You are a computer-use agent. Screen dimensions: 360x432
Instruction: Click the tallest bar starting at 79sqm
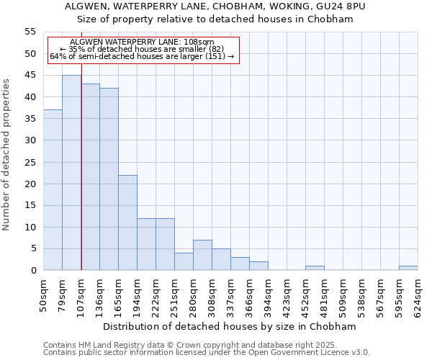click(x=71, y=173)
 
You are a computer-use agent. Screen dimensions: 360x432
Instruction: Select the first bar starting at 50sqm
click(x=53, y=190)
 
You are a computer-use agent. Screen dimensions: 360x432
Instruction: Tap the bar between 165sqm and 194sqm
click(x=127, y=222)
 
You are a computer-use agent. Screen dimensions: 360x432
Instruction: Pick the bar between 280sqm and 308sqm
click(x=202, y=255)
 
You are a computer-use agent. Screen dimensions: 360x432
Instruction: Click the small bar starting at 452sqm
click(x=315, y=268)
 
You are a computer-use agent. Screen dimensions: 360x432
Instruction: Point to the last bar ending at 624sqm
click(x=408, y=268)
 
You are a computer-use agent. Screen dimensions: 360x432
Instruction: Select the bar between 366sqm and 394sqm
click(x=258, y=266)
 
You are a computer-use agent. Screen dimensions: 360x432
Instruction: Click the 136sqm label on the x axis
click(x=100, y=294)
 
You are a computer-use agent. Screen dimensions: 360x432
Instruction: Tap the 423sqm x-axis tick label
click(x=287, y=294)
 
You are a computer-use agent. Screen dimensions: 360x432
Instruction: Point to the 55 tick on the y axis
click(x=30, y=32)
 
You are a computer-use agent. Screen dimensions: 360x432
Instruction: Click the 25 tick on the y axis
click(x=30, y=162)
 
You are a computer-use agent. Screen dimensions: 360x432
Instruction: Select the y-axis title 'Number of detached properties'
click(x=6, y=154)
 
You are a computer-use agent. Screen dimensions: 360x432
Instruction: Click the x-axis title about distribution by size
click(x=230, y=326)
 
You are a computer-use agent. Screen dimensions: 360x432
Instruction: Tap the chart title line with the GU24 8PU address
click(x=215, y=6)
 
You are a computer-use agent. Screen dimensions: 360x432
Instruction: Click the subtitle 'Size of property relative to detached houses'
click(x=215, y=19)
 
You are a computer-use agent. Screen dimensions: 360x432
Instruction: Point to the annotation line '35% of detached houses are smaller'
click(x=142, y=49)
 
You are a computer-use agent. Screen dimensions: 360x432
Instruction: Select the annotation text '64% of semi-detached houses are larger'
click(x=142, y=56)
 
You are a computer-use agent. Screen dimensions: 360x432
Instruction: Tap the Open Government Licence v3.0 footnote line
click(x=207, y=352)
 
